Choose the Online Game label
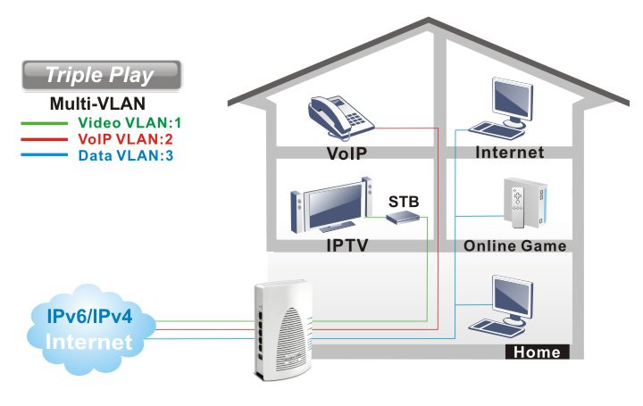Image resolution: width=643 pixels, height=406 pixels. pos(515,245)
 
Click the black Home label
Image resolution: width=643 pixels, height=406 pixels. pos(538,352)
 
